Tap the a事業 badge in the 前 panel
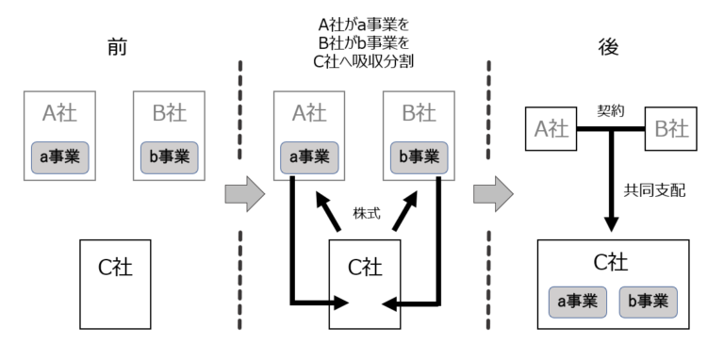[60, 155]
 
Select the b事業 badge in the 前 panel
[170, 155]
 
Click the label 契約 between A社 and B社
[611, 110]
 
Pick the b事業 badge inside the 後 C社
[649, 302]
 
